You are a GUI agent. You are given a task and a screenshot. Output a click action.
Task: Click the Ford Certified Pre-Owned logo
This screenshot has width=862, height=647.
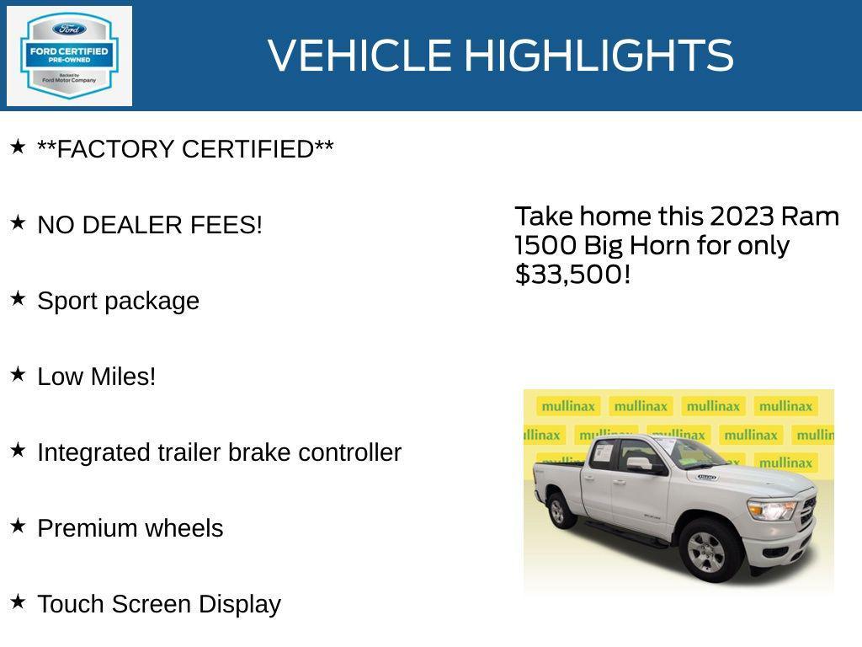point(69,56)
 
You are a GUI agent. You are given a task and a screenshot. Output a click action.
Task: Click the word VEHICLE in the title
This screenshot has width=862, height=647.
point(359,56)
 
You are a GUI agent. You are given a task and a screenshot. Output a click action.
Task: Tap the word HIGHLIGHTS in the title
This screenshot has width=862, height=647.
point(599,56)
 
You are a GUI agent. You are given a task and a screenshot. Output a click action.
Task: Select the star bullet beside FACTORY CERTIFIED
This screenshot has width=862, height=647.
point(18,147)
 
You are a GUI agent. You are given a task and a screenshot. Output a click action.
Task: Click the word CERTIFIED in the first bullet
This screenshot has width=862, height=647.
point(257,149)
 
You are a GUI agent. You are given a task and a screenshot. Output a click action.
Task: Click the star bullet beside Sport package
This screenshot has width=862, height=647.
point(18,299)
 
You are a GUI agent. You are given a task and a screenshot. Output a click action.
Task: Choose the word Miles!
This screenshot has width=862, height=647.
point(123,377)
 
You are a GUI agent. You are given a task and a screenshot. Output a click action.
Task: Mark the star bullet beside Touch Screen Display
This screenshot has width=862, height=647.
point(18,602)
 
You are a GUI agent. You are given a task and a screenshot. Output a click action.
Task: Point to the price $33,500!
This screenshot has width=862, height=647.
point(572,275)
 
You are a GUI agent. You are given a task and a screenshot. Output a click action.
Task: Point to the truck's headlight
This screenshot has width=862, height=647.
point(771,510)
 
